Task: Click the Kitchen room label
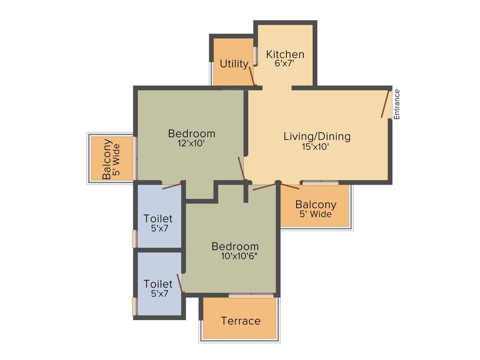(x=285, y=54)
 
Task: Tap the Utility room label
(x=234, y=64)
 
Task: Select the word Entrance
(x=397, y=104)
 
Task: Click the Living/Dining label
(x=317, y=136)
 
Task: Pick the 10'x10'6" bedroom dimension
(x=239, y=256)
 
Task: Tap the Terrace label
(x=240, y=321)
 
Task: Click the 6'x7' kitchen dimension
(x=284, y=63)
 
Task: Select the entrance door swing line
(x=386, y=104)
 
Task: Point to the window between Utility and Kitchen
(x=255, y=56)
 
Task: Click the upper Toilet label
(x=158, y=218)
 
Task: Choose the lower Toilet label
(x=158, y=284)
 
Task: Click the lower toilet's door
(x=180, y=283)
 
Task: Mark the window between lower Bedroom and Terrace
(x=251, y=296)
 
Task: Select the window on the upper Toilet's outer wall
(x=135, y=238)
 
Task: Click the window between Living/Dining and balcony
(x=320, y=183)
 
